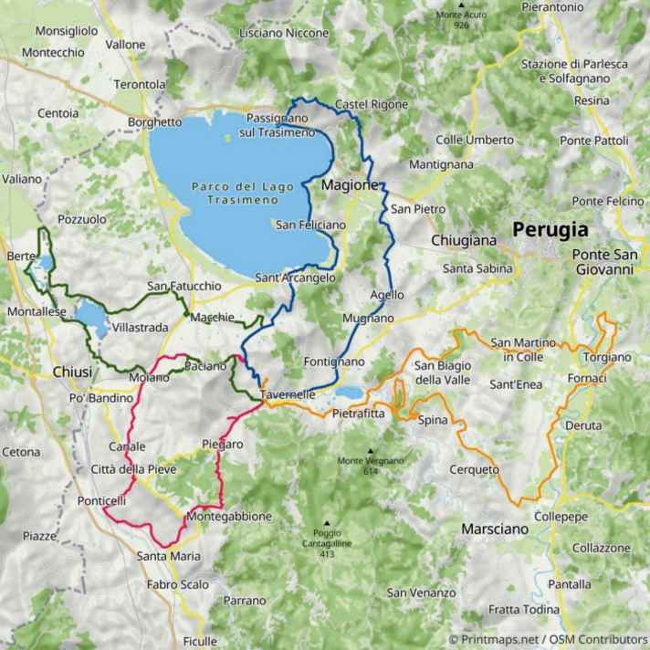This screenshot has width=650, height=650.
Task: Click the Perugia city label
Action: (550, 229)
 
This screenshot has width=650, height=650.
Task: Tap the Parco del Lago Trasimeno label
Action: (242, 193)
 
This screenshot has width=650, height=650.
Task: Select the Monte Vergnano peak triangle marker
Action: (372, 450)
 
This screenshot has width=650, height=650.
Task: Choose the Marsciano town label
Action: (494, 529)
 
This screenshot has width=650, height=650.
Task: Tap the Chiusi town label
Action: (72, 372)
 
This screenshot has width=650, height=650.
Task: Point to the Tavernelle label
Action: (288, 394)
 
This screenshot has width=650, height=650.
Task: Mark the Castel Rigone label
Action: (372, 105)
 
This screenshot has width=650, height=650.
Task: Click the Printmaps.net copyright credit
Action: (548, 640)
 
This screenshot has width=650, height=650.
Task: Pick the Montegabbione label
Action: (228, 517)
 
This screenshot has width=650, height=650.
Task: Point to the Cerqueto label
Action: (475, 470)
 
